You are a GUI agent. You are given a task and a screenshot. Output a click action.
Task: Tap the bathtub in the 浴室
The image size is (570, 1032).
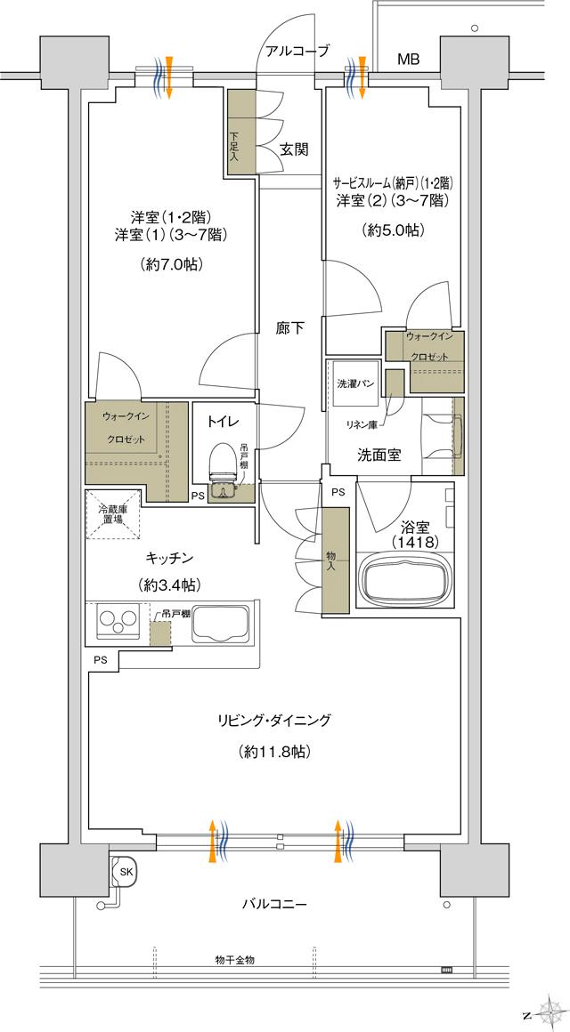pos(403,578)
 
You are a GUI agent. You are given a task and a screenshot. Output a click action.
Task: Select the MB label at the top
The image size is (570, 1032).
pos(408,60)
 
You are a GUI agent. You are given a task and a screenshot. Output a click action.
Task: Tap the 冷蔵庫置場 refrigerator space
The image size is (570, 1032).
pos(113,515)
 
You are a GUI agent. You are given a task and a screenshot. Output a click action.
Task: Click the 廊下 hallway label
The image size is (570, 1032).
pos(289,327)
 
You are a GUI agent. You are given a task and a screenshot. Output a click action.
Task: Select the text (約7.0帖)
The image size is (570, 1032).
pos(168,264)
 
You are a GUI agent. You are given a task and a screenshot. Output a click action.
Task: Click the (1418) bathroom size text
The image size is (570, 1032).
pos(399,541)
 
